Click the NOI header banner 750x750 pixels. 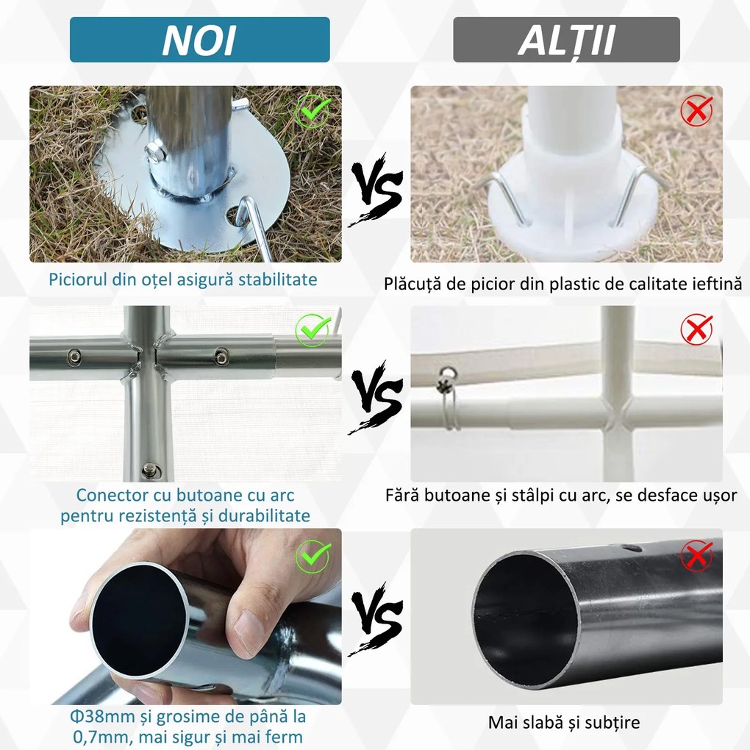[x=199, y=40]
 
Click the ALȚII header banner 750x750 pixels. [x=566, y=40]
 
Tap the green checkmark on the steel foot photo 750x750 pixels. [x=312, y=112]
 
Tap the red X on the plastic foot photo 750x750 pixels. [x=695, y=112]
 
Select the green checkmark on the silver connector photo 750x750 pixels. [x=312, y=332]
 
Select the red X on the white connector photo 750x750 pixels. [x=695, y=330]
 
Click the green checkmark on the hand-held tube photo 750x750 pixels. [x=312, y=557]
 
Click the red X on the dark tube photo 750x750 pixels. [x=695, y=556]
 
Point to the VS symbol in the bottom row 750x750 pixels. [x=376, y=618]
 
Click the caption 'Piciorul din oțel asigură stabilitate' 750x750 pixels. [x=183, y=280]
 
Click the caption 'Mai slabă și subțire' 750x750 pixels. [x=564, y=723]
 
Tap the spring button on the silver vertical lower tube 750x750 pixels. [x=150, y=468]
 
